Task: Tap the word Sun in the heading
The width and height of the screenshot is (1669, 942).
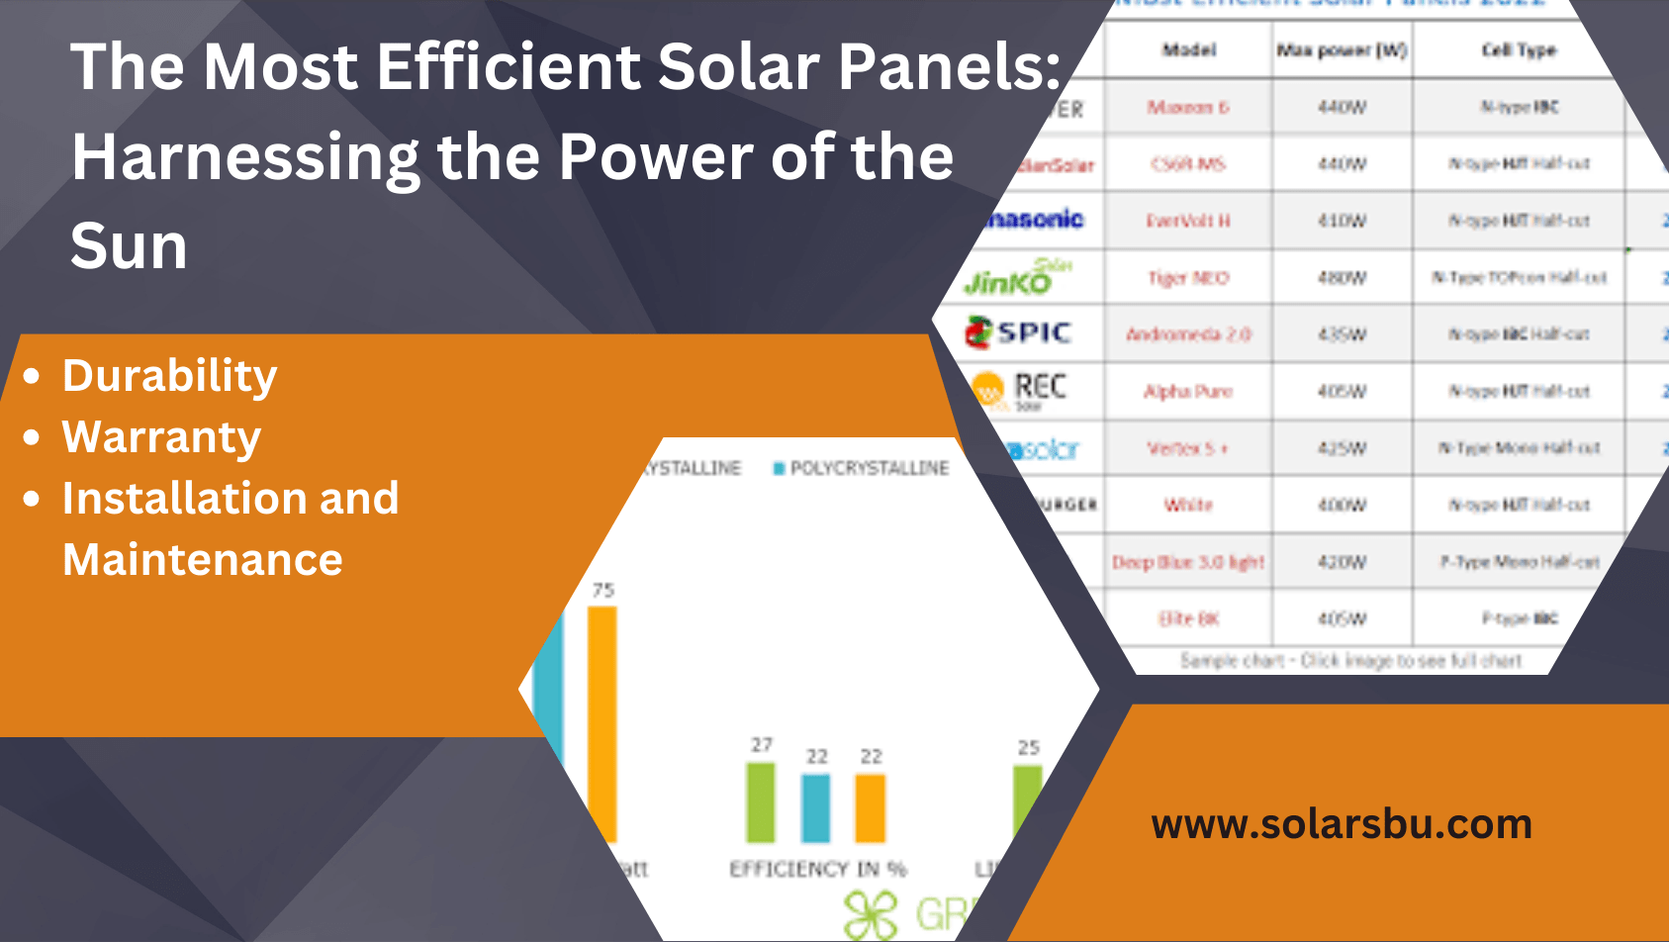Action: click(x=129, y=246)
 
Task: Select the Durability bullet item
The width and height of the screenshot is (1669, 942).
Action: click(x=169, y=376)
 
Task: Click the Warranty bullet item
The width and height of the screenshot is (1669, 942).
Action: click(x=161, y=437)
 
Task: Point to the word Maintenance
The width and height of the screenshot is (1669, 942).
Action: click(x=203, y=560)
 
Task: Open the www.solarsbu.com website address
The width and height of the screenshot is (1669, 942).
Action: click(x=1342, y=824)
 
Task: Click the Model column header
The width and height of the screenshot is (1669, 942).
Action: click(x=1188, y=49)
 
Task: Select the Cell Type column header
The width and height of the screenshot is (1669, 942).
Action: click(x=1518, y=49)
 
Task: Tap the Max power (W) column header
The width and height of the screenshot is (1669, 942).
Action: click(x=1342, y=49)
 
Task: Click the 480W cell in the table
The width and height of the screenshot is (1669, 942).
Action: click(x=1342, y=278)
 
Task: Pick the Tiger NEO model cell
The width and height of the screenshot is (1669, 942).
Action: click(x=1188, y=278)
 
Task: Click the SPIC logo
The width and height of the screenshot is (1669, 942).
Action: click(x=1019, y=332)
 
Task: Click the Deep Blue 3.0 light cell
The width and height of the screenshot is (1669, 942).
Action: click(x=1188, y=562)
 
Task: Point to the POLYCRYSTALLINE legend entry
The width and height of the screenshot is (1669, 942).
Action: click(x=868, y=468)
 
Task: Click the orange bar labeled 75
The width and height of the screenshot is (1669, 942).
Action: click(x=603, y=722)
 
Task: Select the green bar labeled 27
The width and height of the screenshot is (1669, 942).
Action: click(x=761, y=802)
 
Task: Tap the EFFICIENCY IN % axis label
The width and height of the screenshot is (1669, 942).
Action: click(x=817, y=869)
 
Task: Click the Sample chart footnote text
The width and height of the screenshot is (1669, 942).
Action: click(x=1350, y=660)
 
